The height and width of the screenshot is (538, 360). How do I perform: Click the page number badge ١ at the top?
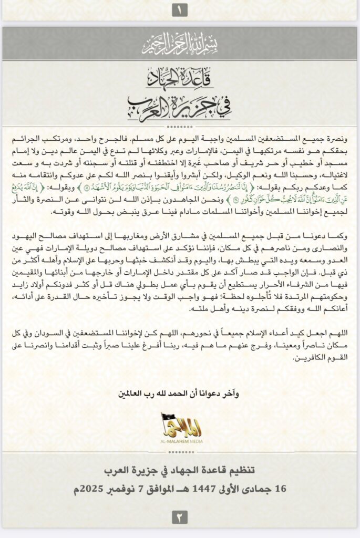coord(180,9)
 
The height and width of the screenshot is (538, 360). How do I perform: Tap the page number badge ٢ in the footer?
coord(180,518)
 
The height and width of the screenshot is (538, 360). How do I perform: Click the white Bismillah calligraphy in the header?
coord(180,45)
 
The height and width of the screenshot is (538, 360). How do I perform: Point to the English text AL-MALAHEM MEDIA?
coord(180,441)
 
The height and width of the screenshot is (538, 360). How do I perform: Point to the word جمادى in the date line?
coord(256,489)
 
